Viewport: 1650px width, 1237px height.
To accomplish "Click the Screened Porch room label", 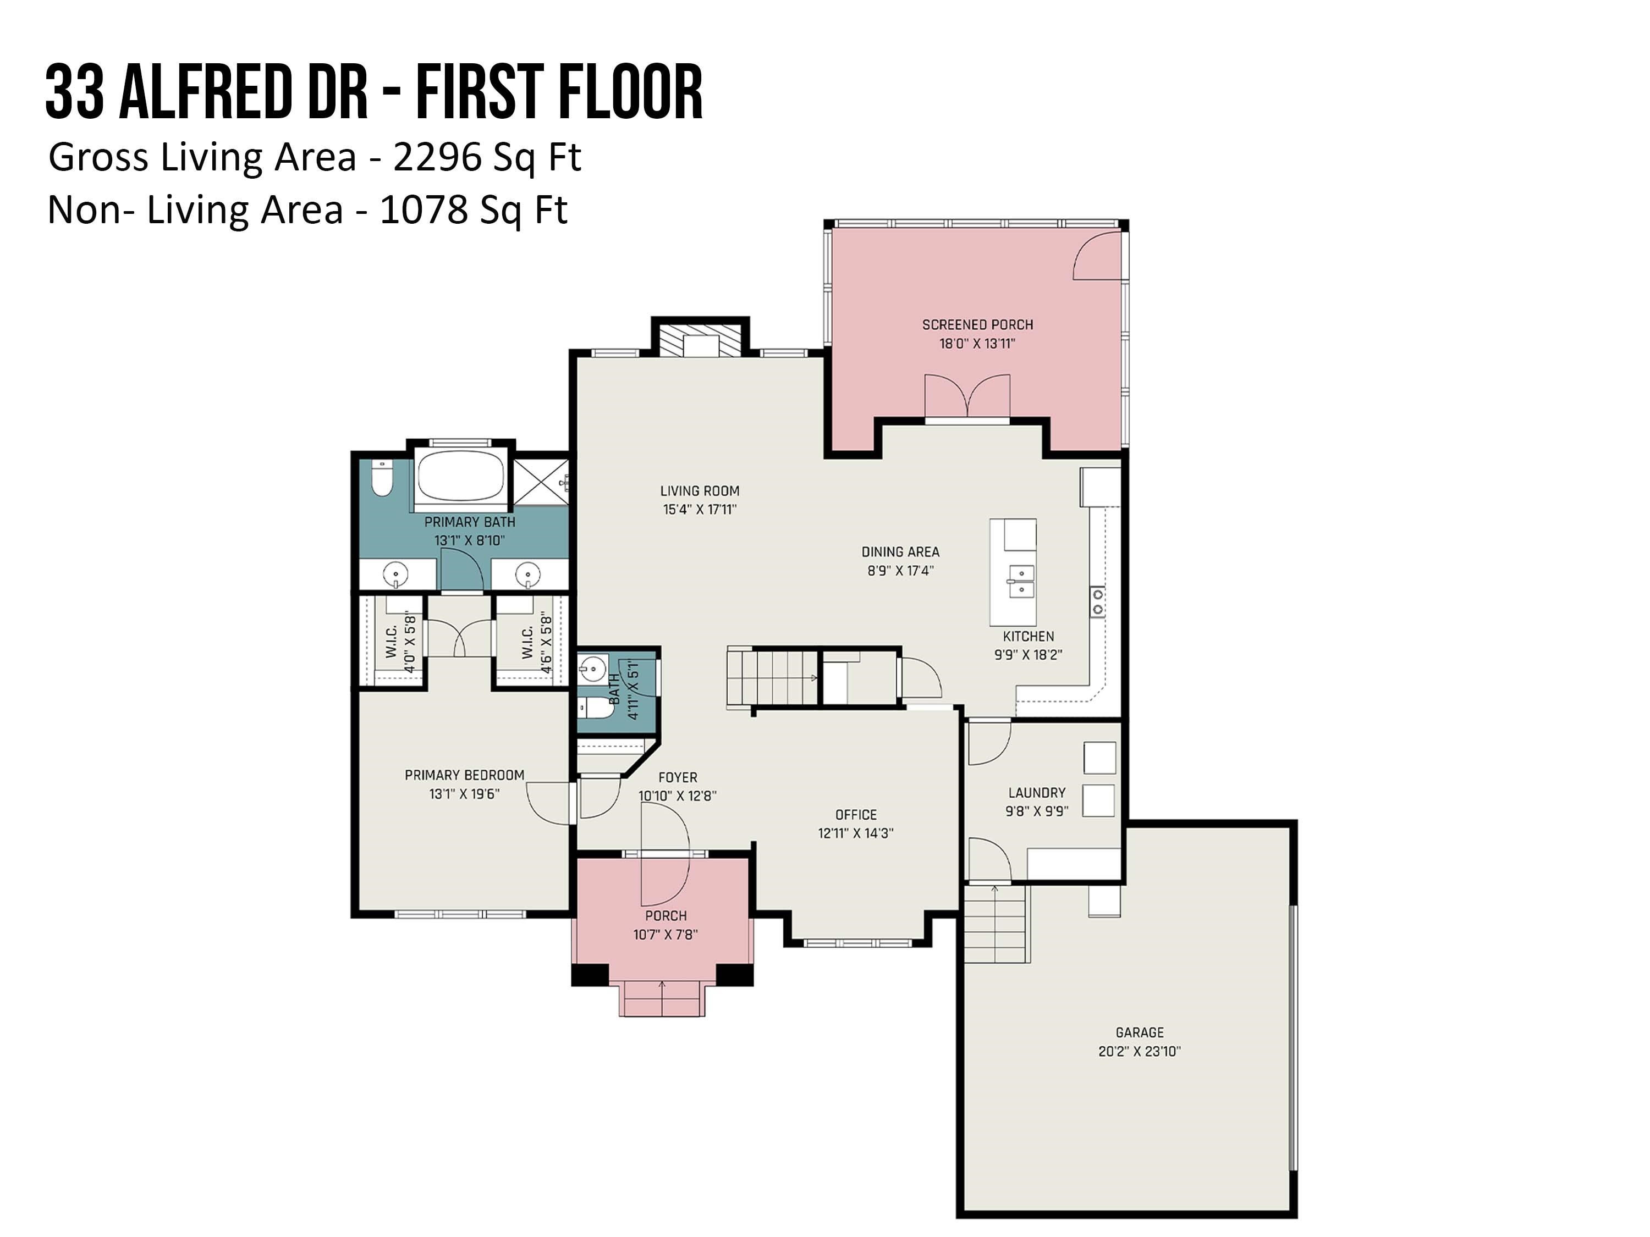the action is tap(977, 325).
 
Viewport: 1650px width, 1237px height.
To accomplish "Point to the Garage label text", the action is tap(1139, 1032).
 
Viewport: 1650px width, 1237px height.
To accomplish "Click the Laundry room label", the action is tap(1037, 793).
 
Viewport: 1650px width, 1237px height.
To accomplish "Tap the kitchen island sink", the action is tap(1020, 582).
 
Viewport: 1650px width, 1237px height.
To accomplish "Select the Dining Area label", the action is tap(900, 552).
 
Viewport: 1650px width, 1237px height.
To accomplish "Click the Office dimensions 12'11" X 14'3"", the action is tap(856, 833).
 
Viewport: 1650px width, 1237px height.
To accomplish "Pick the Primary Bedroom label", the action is tap(464, 775).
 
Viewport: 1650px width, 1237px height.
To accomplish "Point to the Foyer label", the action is tap(677, 778).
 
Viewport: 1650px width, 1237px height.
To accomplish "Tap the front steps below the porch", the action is tap(662, 998).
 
